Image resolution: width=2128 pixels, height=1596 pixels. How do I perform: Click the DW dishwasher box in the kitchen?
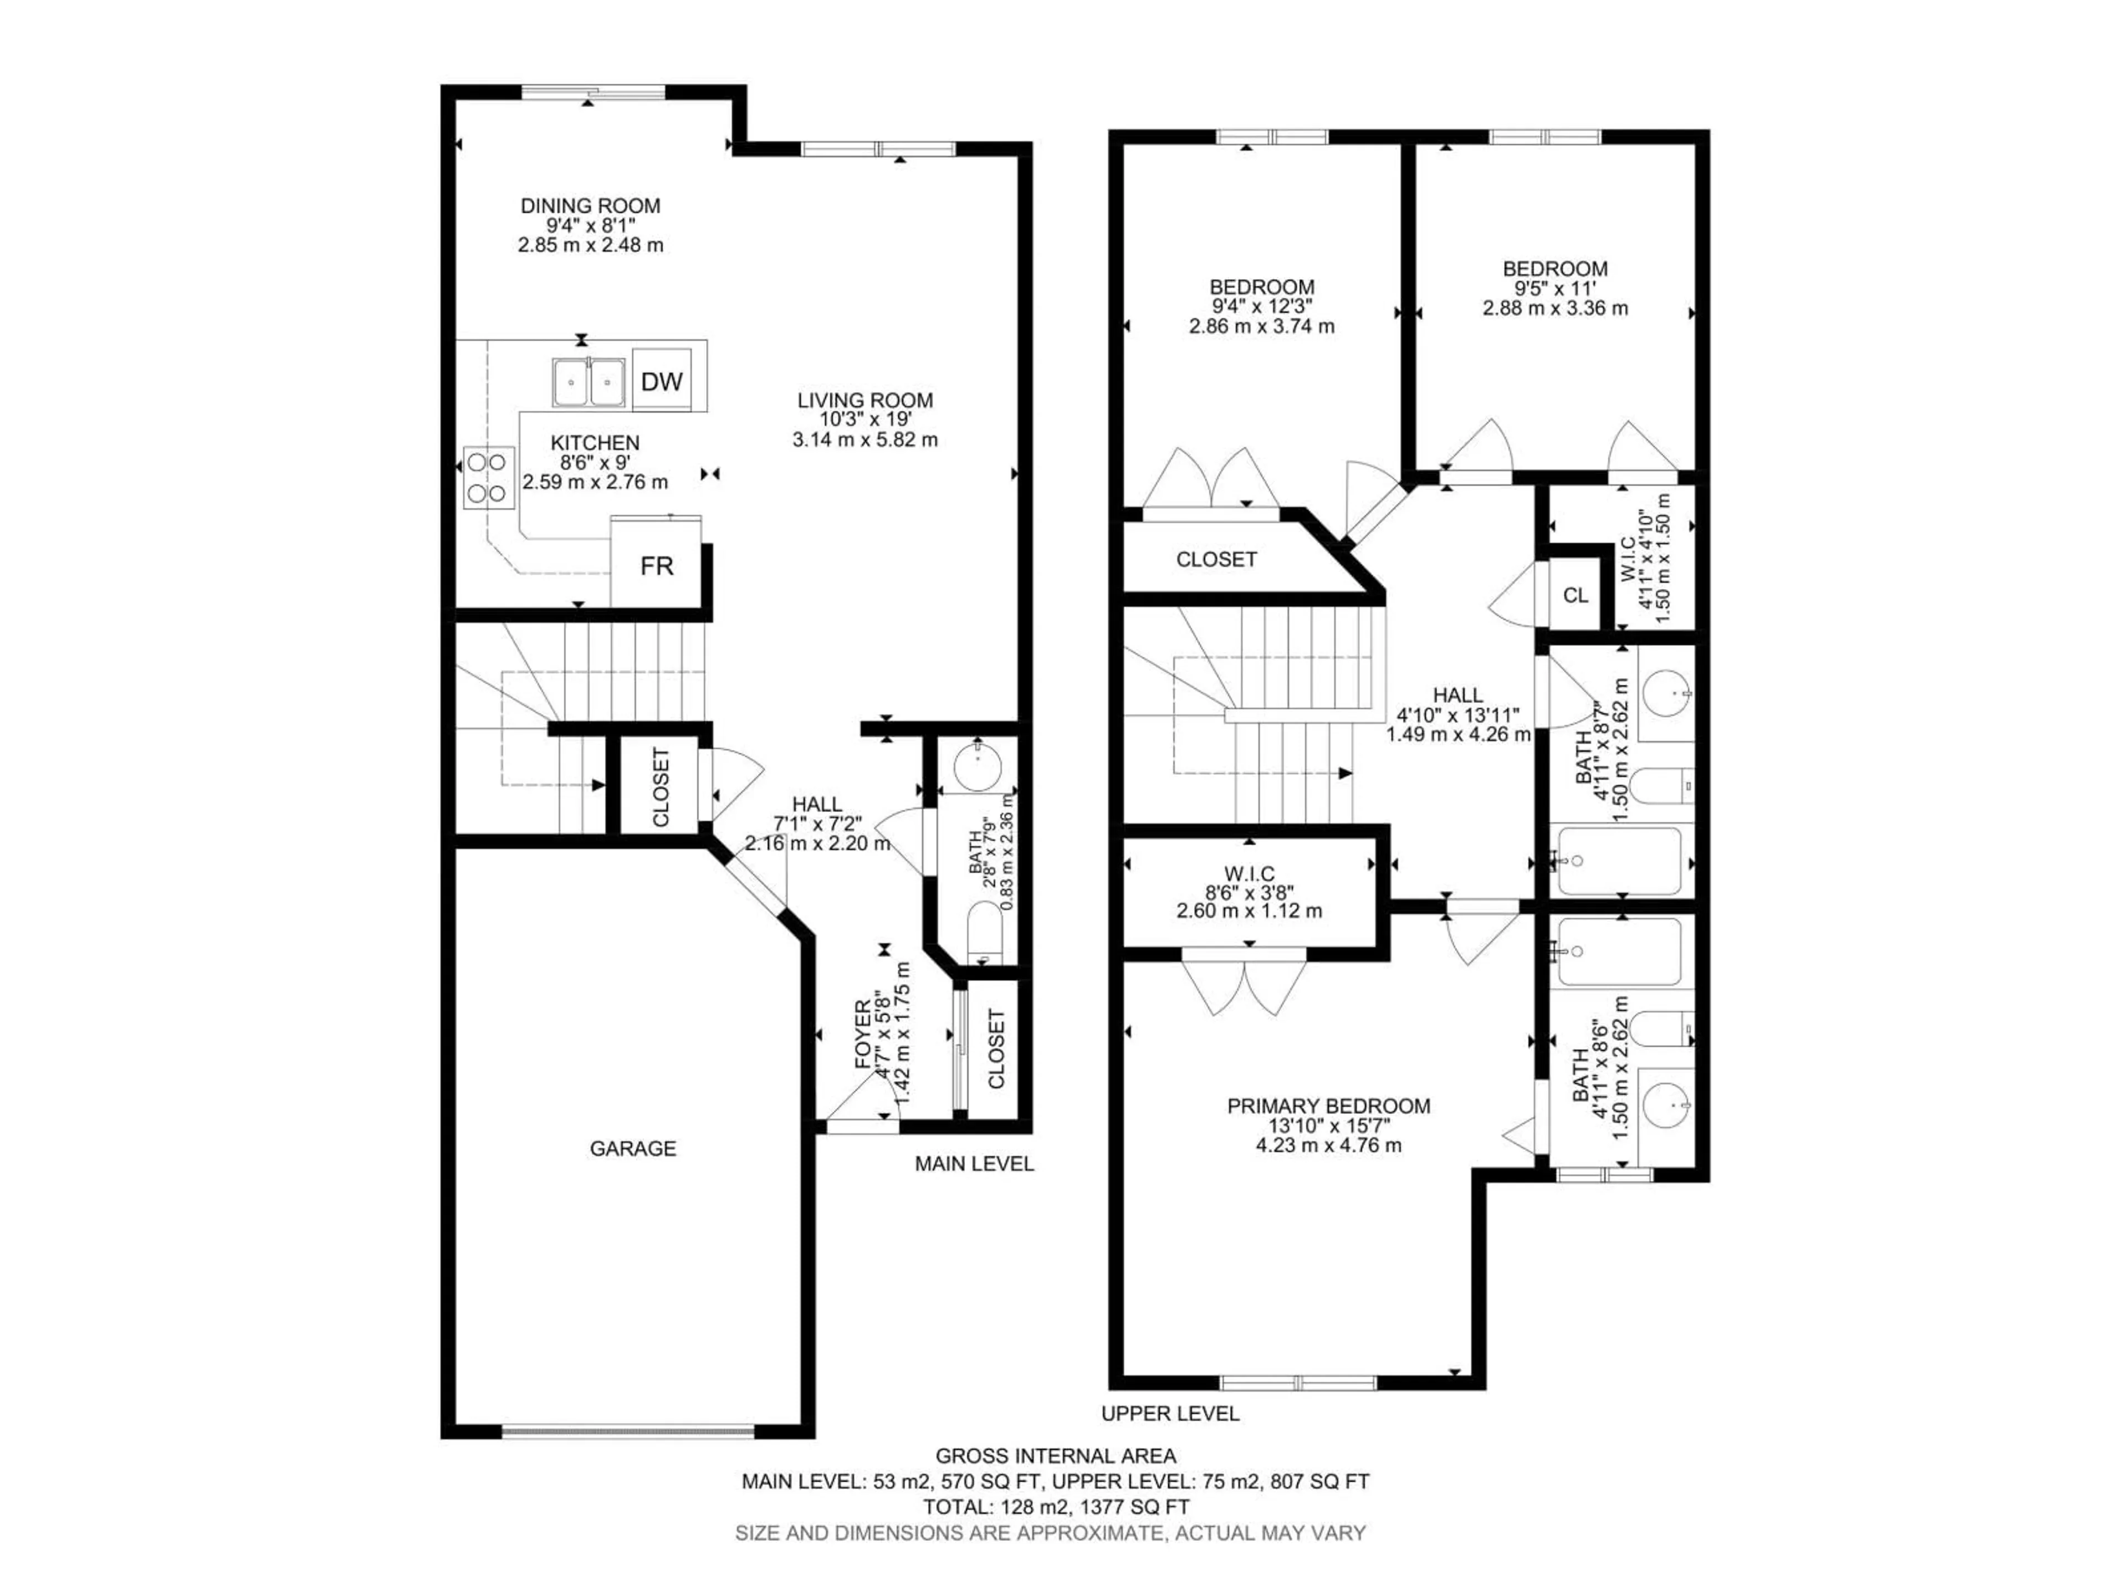662,381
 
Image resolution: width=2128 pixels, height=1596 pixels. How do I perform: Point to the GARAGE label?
633,1148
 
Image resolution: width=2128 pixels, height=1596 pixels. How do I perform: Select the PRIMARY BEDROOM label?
1328,1106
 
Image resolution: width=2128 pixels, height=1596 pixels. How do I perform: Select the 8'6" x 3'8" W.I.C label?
1250,892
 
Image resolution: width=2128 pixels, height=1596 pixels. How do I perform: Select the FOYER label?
863,1034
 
